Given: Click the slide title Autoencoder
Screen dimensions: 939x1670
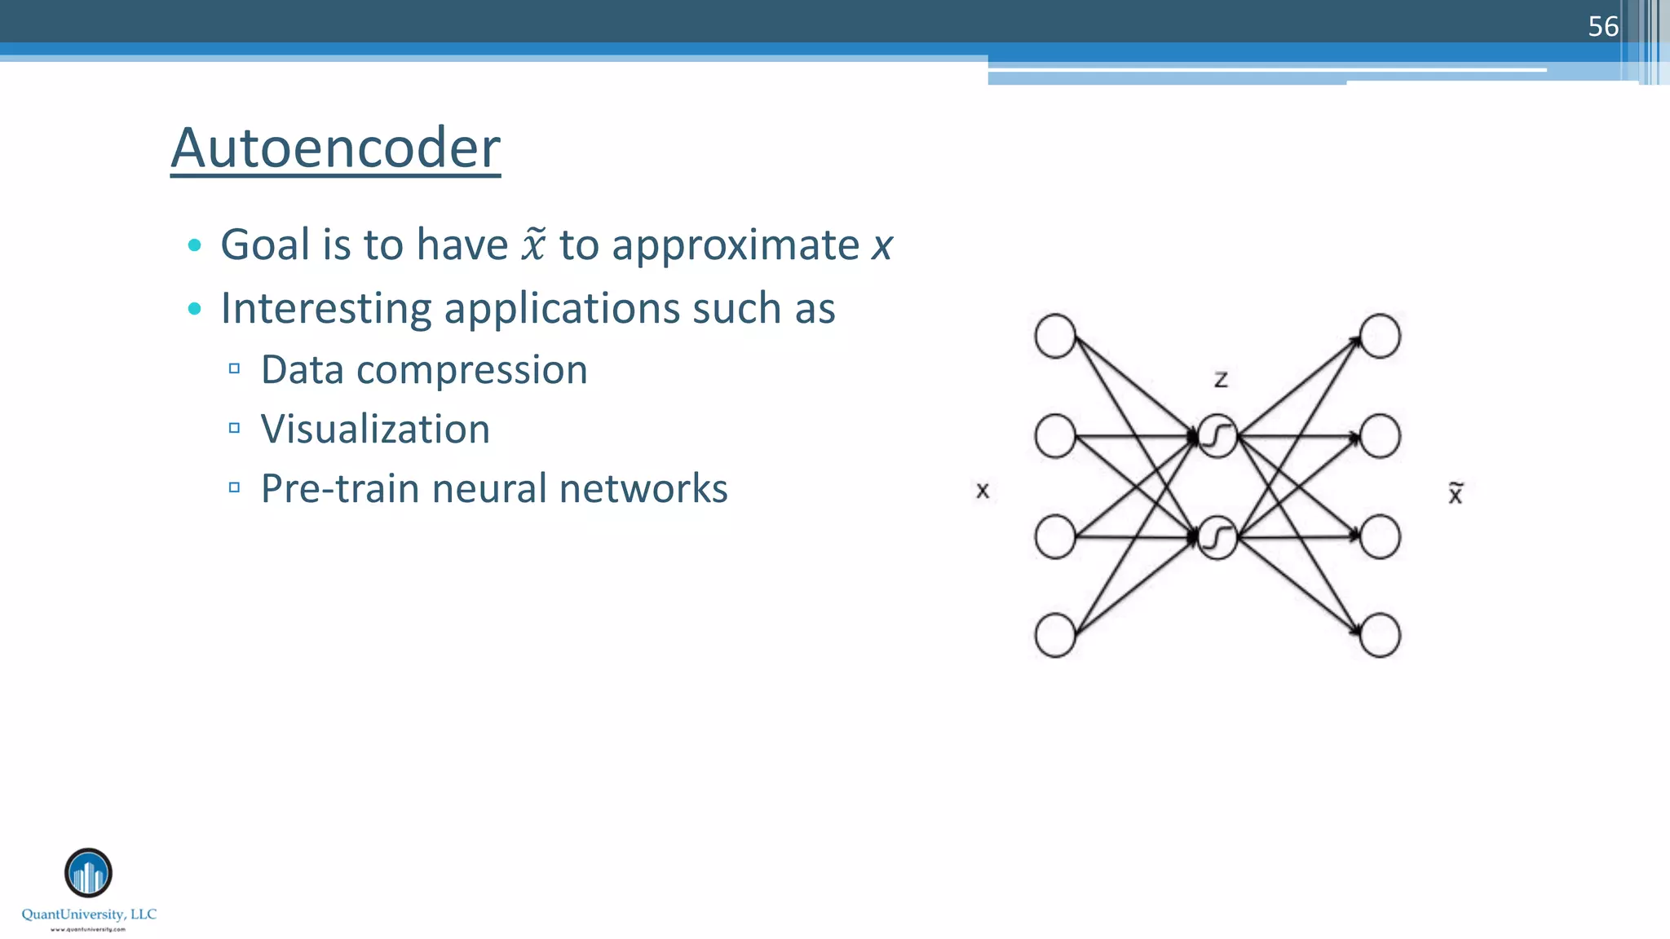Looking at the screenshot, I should coord(335,148).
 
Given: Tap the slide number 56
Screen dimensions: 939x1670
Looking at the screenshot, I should coord(1602,27).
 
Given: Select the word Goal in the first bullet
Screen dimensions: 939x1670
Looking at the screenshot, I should coord(265,245).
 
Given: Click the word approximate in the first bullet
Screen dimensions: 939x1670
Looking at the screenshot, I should coord(736,246).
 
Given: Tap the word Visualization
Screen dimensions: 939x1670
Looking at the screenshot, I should coord(375,430).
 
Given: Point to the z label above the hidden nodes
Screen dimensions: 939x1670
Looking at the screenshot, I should coord(1221,380).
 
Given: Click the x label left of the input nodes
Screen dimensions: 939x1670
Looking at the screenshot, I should coord(983,491).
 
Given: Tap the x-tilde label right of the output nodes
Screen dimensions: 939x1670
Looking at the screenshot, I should coord(1456,493).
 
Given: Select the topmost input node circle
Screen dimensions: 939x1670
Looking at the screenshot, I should coord(1055,337).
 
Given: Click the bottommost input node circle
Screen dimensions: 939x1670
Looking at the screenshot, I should coord(1055,636).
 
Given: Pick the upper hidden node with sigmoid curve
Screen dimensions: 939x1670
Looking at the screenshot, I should coord(1217,437).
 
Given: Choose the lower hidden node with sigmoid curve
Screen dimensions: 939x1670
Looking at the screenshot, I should coord(1217,538).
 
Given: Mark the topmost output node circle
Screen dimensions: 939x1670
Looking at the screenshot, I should coord(1380,337).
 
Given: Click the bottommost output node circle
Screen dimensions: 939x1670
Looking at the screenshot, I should coord(1380,636).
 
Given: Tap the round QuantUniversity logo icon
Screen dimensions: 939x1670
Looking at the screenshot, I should coord(88,873).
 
